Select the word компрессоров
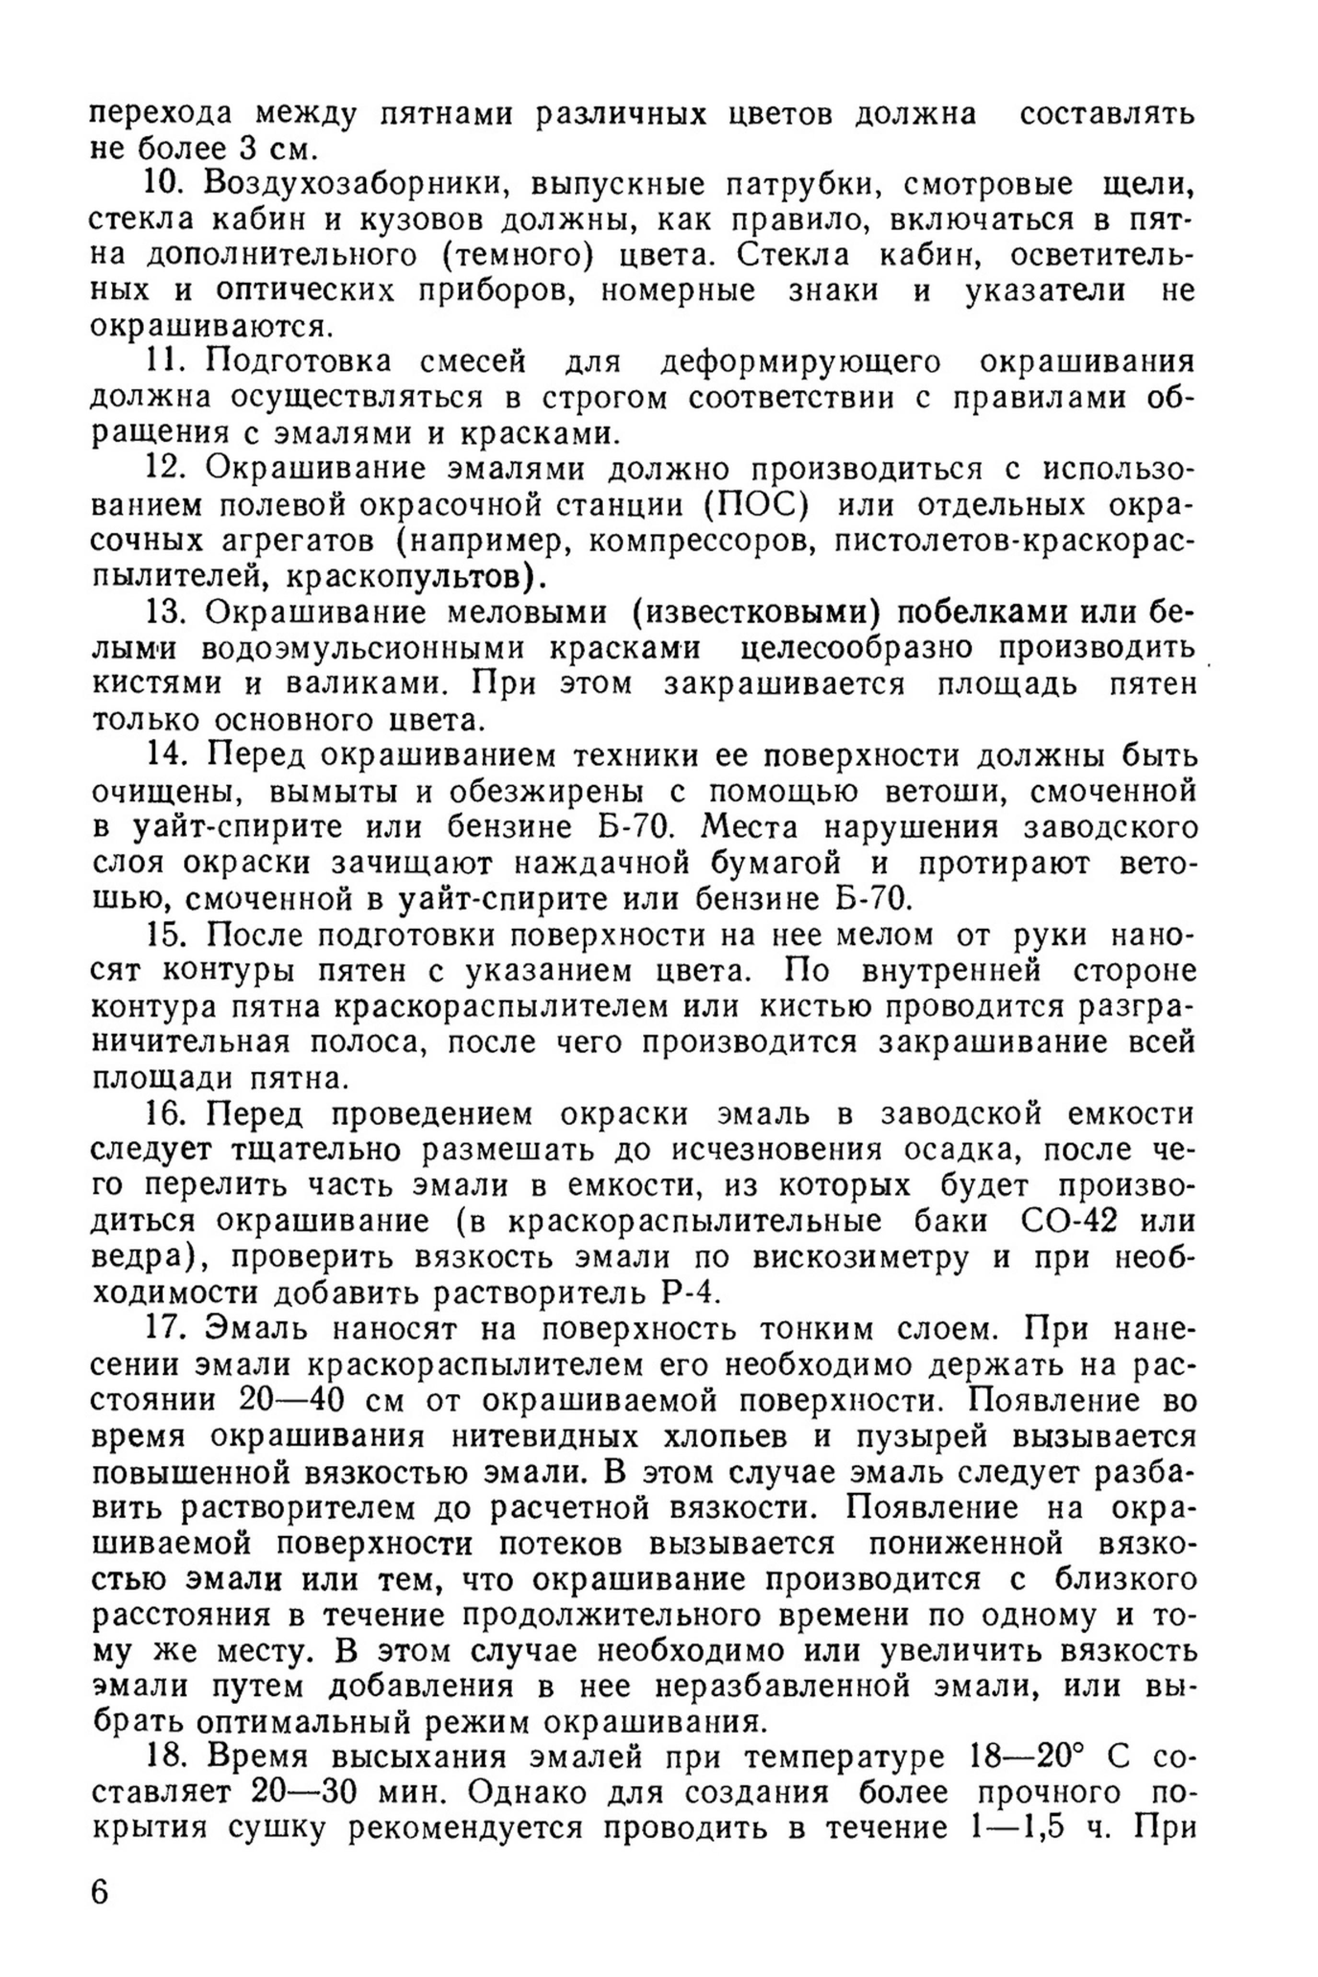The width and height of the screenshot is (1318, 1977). click(701, 542)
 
